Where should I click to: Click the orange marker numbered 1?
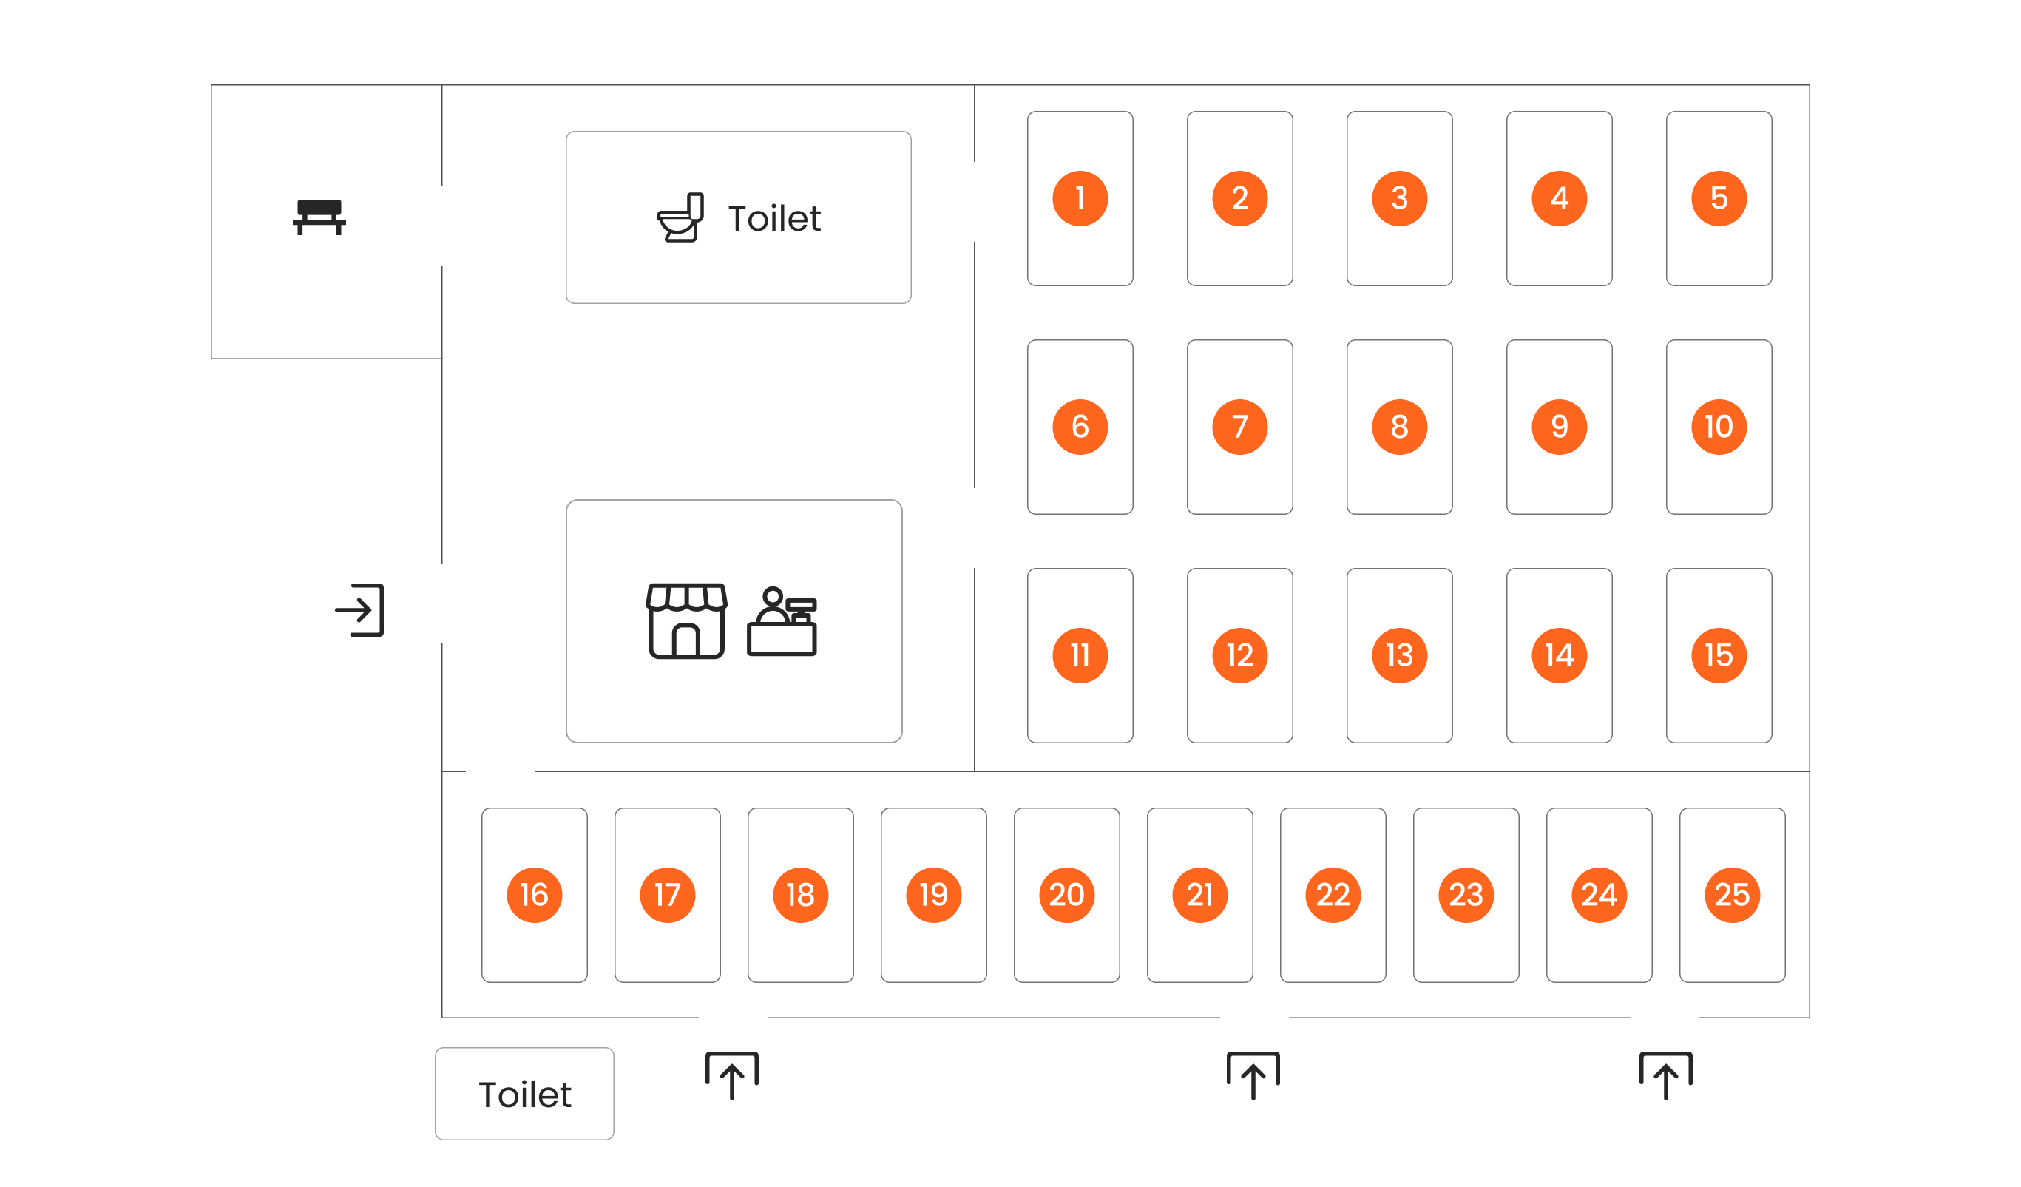pyautogui.click(x=1080, y=198)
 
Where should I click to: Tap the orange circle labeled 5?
pyautogui.click(x=1719, y=198)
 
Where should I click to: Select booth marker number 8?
pyautogui.click(x=1399, y=427)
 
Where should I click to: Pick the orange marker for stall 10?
pyautogui.click(x=1719, y=427)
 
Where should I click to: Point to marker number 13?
pyautogui.click(x=1399, y=655)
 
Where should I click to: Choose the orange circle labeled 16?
pyautogui.click(x=534, y=895)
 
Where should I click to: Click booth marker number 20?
pyautogui.click(x=1066, y=895)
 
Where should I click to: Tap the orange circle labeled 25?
pyautogui.click(x=1733, y=895)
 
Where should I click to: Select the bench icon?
pyautogui.click(x=319, y=217)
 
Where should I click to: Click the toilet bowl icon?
pyautogui.click(x=680, y=217)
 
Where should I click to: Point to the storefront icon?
pyautogui.click(x=686, y=620)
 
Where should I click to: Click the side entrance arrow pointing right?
pyautogui.click(x=359, y=610)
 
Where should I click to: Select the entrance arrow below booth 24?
pyautogui.click(x=1666, y=1075)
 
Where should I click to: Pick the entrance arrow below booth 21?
pyautogui.click(x=1253, y=1075)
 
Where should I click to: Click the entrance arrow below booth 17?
pyautogui.click(x=731, y=1075)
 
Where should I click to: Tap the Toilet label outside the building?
pyautogui.click(x=525, y=1095)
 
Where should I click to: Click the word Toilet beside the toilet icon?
pyautogui.click(x=775, y=218)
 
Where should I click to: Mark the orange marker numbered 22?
pyautogui.click(x=1333, y=895)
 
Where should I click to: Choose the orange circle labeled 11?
pyautogui.click(x=1080, y=655)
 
